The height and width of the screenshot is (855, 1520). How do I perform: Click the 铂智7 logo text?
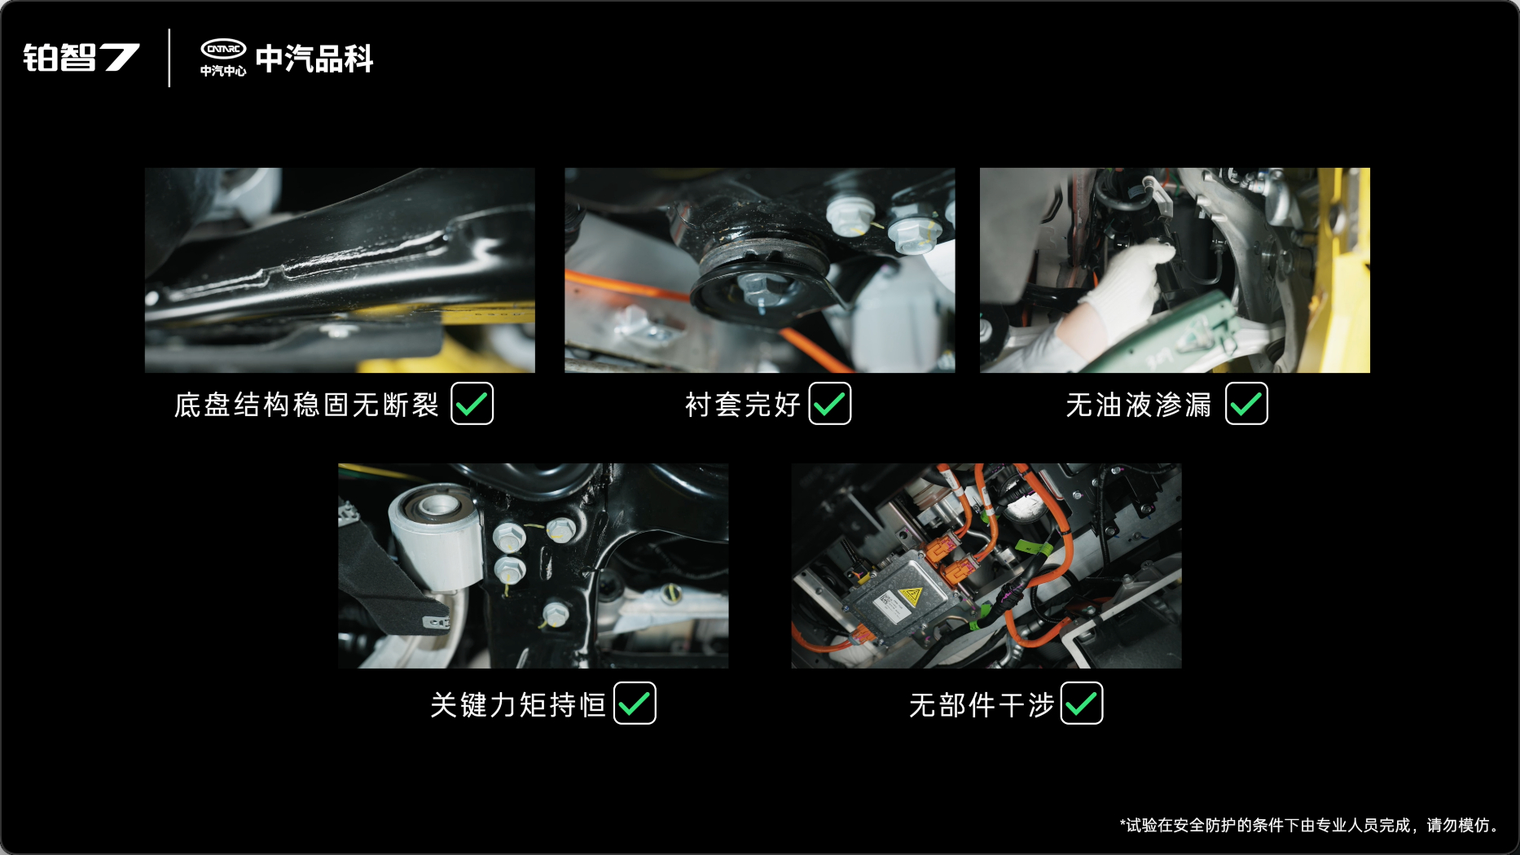click(x=81, y=58)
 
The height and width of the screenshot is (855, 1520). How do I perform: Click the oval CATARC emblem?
click(x=223, y=49)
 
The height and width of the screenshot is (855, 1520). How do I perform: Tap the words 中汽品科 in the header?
click(x=314, y=59)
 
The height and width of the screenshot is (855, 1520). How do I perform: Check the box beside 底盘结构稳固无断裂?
click(x=472, y=403)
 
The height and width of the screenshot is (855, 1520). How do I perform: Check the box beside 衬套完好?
click(x=830, y=403)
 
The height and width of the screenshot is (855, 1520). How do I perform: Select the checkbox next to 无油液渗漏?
click(x=1246, y=403)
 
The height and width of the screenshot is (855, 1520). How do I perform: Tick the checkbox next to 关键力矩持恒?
click(x=635, y=703)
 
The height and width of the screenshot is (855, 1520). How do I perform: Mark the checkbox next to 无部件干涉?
click(x=1082, y=703)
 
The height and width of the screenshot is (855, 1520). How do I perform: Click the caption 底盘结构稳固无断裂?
click(x=306, y=405)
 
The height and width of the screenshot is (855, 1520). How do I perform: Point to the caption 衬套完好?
click(x=743, y=405)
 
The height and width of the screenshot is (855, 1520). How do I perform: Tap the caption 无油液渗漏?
click(x=1139, y=405)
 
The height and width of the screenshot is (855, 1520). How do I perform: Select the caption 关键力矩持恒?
click(x=518, y=704)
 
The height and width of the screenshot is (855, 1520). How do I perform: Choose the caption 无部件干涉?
click(x=982, y=704)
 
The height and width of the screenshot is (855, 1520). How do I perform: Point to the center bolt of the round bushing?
click(x=756, y=287)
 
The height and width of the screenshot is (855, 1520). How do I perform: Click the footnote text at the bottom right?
click(x=1310, y=825)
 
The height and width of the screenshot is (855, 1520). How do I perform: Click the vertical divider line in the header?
click(x=169, y=58)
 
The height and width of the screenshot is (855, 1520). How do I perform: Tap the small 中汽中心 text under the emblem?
click(x=223, y=71)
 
